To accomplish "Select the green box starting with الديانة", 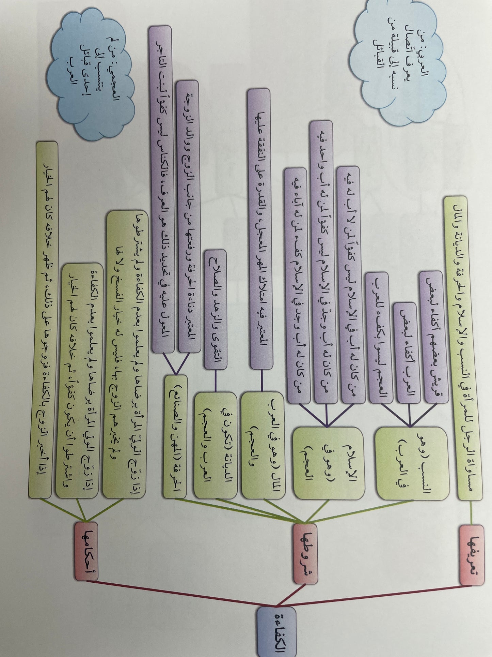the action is tap(216, 445).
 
